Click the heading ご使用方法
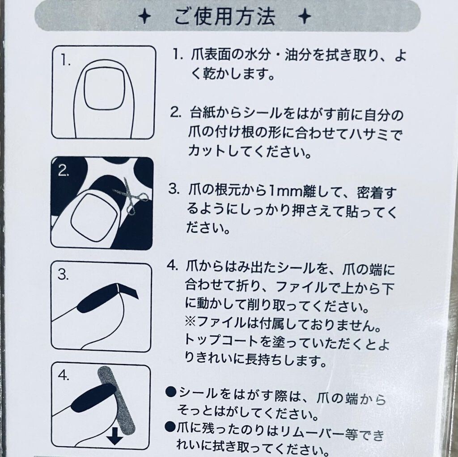(x=225, y=17)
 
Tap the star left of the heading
(x=144, y=17)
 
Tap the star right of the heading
(x=305, y=17)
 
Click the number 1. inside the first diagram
(x=65, y=60)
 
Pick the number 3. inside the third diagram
(x=63, y=274)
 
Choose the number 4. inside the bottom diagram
(x=63, y=375)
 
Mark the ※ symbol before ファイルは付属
(x=191, y=323)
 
